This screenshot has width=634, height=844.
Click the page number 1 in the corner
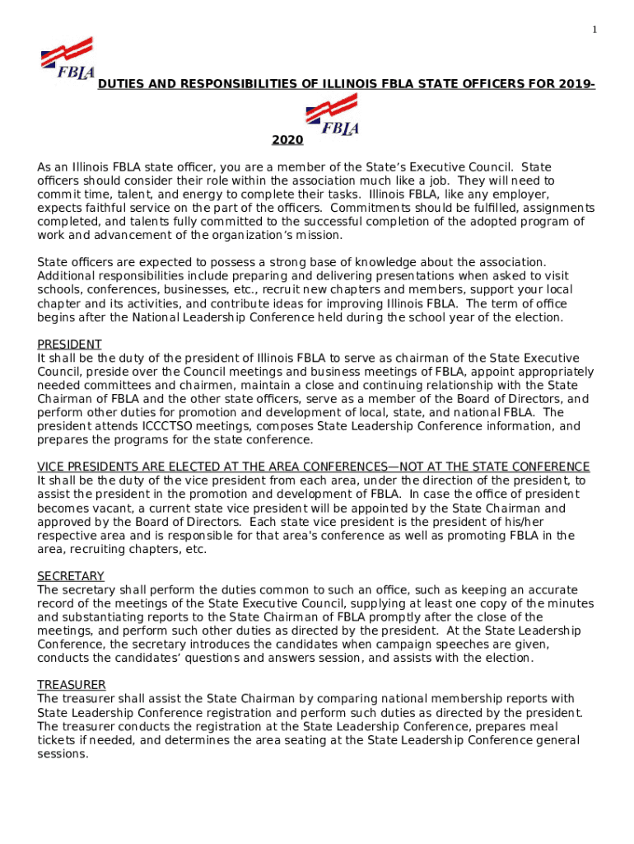click(x=594, y=30)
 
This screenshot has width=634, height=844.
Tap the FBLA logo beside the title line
click(x=67, y=59)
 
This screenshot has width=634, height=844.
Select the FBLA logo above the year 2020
click(x=332, y=115)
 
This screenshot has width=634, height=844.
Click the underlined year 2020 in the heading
click(x=287, y=141)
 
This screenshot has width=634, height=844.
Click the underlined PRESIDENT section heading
click(x=70, y=344)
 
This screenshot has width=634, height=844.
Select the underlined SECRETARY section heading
click(x=71, y=576)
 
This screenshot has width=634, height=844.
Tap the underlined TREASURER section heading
click(x=72, y=685)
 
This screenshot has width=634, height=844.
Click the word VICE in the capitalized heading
click(x=52, y=467)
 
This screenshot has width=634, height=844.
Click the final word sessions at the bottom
click(x=62, y=753)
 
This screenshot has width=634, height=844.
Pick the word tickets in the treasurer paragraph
click(x=58, y=740)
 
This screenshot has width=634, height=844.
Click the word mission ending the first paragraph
click(x=319, y=235)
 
